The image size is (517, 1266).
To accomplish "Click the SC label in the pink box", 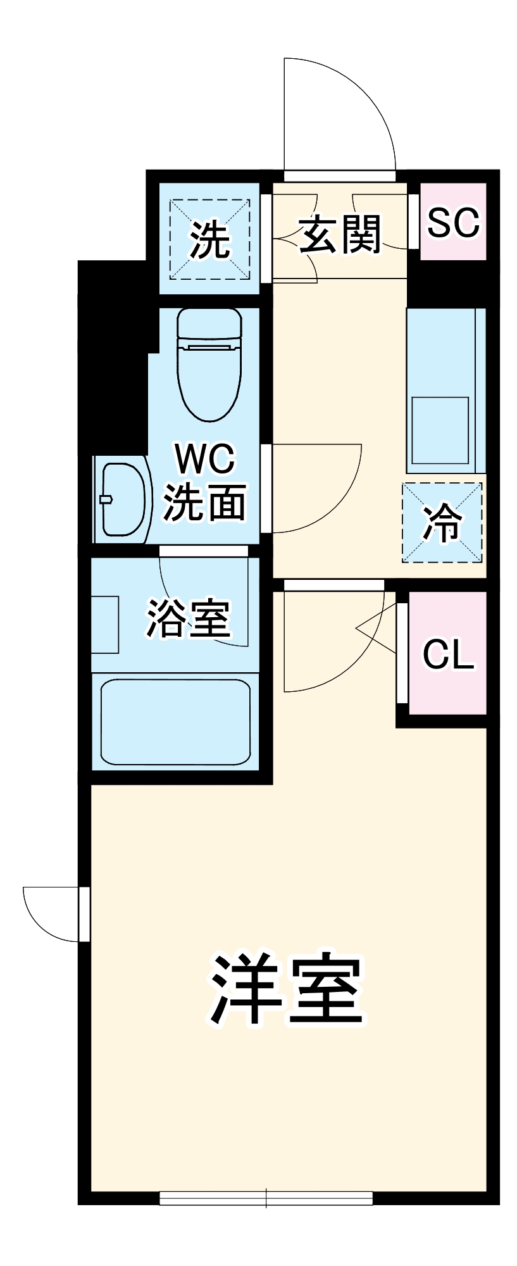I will point(453,222).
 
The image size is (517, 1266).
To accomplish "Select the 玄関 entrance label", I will point(340,234).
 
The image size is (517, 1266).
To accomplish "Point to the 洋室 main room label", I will point(287,989).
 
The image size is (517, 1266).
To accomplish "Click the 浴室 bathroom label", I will point(188,618).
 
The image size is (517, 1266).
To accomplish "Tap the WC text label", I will point(205,459).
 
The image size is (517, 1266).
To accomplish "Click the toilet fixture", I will point(209,364).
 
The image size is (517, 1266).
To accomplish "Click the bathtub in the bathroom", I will point(175,722).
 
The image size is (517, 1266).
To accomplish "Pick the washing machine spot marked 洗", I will point(209,239).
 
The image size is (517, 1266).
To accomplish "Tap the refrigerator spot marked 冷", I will point(442,523).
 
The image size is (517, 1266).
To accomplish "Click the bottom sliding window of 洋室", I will point(266,1198).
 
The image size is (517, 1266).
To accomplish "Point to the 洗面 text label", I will point(204,503).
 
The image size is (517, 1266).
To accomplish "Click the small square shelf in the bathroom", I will point(105,624).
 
